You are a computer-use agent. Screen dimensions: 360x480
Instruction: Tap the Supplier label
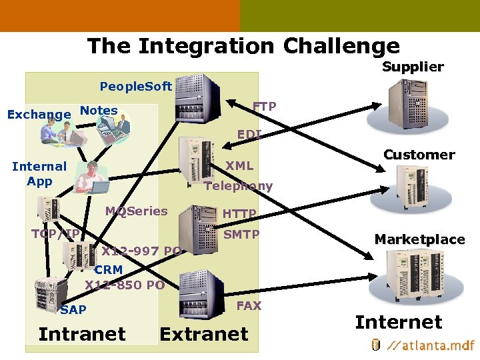(x=413, y=67)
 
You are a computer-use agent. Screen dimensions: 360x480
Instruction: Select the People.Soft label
(x=135, y=87)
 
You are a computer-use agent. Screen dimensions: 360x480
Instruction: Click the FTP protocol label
(x=264, y=107)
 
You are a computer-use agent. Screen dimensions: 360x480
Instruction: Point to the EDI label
(x=249, y=135)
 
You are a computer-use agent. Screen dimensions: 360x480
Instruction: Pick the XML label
(x=239, y=165)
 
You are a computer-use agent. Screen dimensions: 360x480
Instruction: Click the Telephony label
(x=239, y=186)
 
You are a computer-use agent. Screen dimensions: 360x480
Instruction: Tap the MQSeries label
(x=137, y=211)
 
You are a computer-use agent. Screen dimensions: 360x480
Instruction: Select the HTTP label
(x=239, y=214)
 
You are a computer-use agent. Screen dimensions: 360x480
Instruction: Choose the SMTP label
(x=241, y=235)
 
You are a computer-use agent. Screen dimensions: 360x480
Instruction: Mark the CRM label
(x=108, y=270)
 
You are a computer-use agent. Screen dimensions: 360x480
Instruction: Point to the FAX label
(x=249, y=305)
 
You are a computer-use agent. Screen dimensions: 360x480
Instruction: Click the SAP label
(x=73, y=310)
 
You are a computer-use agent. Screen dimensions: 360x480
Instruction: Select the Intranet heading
(x=82, y=333)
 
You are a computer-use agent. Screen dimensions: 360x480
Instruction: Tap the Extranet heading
(x=204, y=334)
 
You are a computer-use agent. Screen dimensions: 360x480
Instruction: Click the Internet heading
(x=399, y=323)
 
